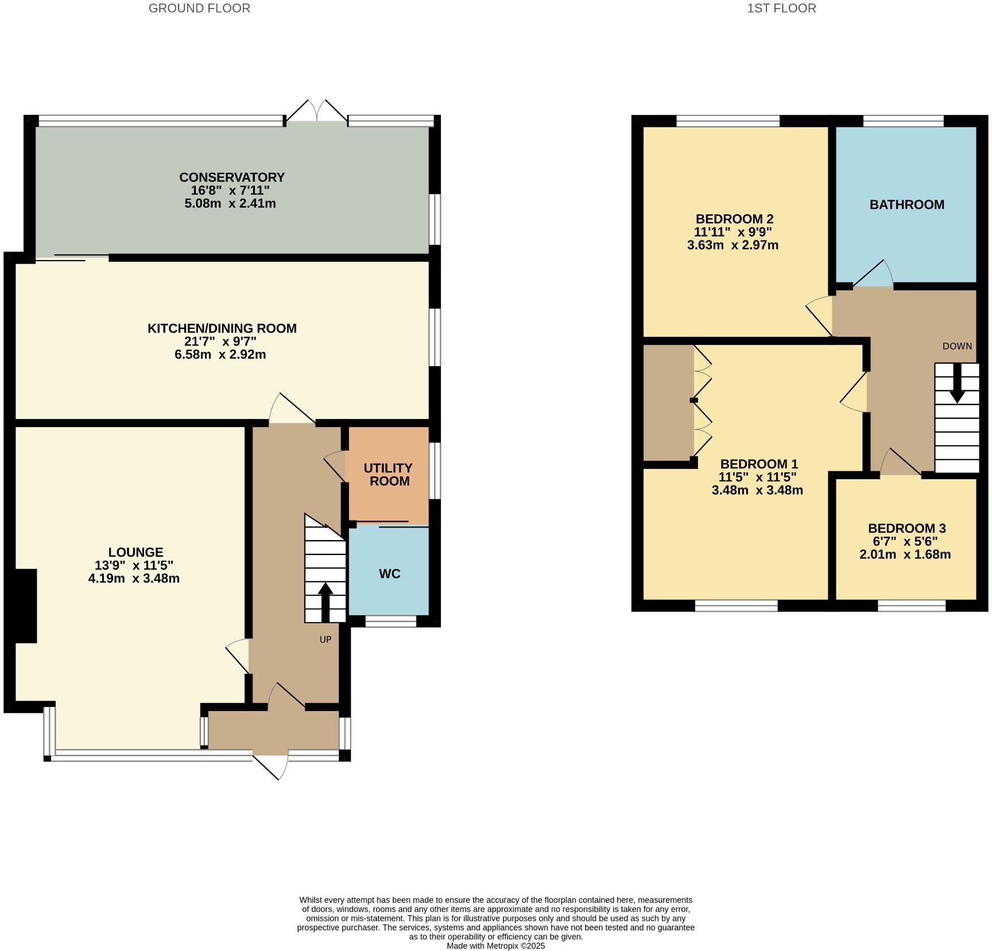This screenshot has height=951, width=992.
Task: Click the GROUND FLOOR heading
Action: point(199,8)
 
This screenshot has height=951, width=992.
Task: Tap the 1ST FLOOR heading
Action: point(781,8)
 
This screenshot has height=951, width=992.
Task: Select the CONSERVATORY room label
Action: point(232,177)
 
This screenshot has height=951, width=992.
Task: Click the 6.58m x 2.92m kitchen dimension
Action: point(220,355)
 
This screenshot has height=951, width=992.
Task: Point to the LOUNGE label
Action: point(136,552)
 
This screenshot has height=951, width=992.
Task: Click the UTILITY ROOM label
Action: point(389,475)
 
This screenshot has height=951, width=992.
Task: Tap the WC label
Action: point(389,574)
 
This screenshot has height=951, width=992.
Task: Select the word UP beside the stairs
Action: point(325,639)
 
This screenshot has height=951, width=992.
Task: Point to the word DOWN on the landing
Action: point(957,346)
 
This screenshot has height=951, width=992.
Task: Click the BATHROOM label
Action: point(906,205)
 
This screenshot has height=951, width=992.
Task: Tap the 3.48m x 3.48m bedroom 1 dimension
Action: point(757,491)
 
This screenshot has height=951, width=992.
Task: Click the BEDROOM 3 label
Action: point(906,529)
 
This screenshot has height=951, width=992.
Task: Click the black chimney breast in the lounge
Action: point(26,605)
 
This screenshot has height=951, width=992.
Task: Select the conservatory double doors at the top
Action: point(317,112)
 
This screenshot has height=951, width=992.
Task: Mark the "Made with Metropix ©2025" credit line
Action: point(495,946)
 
